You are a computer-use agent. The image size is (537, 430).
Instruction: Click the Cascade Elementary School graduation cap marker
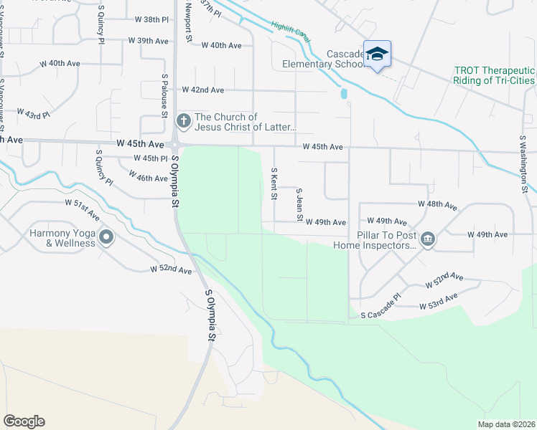(378, 54)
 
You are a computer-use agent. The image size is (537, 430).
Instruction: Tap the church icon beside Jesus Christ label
(183, 122)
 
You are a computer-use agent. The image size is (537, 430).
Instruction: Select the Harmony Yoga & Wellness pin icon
(107, 237)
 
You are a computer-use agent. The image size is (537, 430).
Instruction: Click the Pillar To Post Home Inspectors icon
(428, 239)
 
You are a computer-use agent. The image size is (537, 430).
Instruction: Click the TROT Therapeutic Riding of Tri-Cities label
(495, 76)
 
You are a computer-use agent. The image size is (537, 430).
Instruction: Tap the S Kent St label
(274, 184)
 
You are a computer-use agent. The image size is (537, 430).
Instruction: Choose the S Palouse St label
(164, 96)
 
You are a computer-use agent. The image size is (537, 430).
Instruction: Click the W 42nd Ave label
(203, 90)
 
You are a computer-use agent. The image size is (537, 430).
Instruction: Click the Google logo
(24, 421)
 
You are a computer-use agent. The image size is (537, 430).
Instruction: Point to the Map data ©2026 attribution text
(506, 424)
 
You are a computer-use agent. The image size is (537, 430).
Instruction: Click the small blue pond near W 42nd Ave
(343, 93)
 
